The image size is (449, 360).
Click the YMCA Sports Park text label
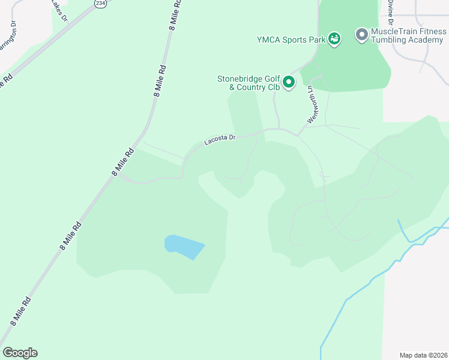pyautogui.click(x=291, y=40)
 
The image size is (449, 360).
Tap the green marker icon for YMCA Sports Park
pyautogui.click(x=335, y=39)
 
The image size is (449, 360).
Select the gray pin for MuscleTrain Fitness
pyautogui.click(x=361, y=35)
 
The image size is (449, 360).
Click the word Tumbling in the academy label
pyautogui.click(x=391, y=40)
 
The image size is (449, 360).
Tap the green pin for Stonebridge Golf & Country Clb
pyautogui.click(x=289, y=82)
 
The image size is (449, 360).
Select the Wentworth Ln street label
pyautogui.click(x=311, y=104)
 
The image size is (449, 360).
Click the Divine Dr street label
pyautogui.click(x=390, y=8)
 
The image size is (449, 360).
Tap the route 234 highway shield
pyautogui.click(x=100, y=3)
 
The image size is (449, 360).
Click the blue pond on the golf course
pyautogui.click(x=184, y=246)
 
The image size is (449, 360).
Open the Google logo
pyautogui.click(x=20, y=353)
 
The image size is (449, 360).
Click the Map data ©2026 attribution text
pyautogui.click(x=423, y=355)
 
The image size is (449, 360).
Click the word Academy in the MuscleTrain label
pyautogui.click(x=426, y=40)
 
